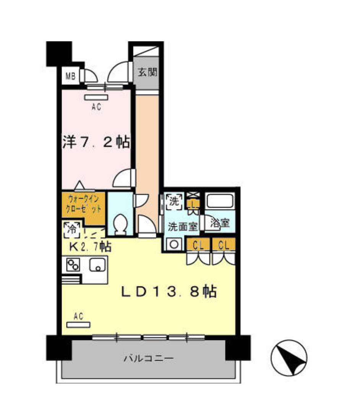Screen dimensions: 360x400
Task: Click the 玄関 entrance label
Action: pyautogui.click(x=148, y=72)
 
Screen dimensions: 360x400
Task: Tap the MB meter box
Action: pyautogui.click(x=71, y=76)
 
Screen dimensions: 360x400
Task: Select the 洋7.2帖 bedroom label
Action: pyautogui.click(x=96, y=142)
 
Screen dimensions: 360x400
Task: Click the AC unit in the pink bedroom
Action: pyautogui.click(x=96, y=98)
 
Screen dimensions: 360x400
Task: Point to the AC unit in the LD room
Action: pyautogui.click(x=78, y=325)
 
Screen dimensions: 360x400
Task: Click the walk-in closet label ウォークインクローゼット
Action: pyautogui.click(x=83, y=204)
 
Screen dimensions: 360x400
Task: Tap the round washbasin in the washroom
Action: pyautogui.click(x=174, y=244)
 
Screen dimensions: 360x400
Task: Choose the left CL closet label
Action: pyautogui.click(x=198, y=246)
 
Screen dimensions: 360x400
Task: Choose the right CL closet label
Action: pyautogui.click(x=224, y=246)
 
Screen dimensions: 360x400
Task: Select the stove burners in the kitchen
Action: pyautogui.click(x=73, y=265)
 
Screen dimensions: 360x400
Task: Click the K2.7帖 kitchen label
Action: pyautogui.click(x=90, y=246)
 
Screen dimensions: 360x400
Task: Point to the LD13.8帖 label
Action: pyautogui.click(x=169, y=292)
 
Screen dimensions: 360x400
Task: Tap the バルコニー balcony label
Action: pyautogui.click(x=149, y=359)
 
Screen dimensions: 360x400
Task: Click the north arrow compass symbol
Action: pyautogui.click(x=289, y=358)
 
